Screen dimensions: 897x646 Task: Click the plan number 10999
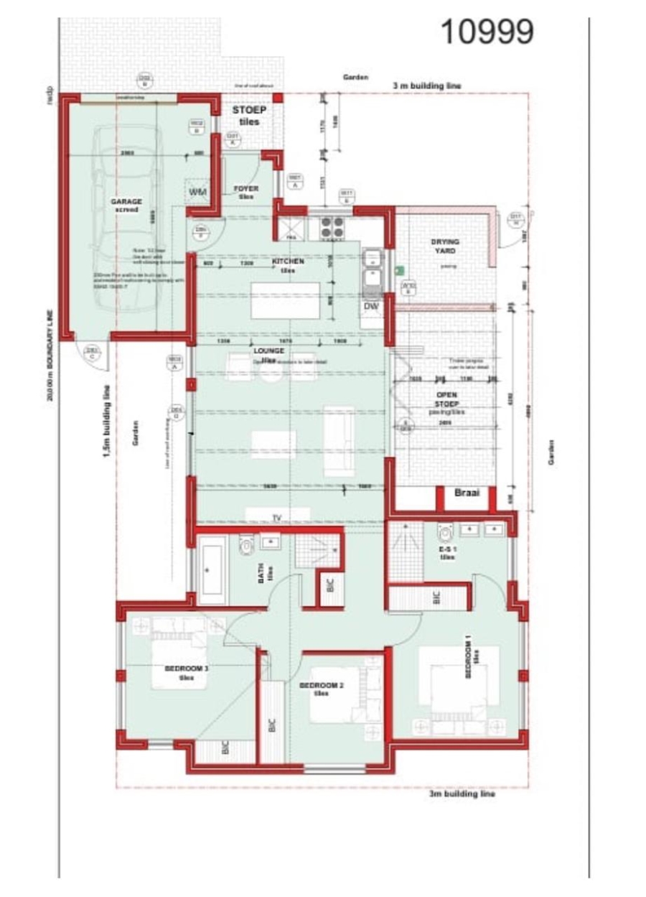[x=487, y=32]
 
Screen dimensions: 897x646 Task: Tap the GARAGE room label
[x=126, y=205]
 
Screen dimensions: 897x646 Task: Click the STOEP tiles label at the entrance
[x=249, y=115]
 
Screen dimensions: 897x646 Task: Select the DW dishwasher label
[x=371, y=307]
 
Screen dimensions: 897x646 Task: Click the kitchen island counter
[x=285, y=301]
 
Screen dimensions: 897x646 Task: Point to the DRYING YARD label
[x=445, y=246]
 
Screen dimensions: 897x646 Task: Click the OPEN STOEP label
[x=446, y=399]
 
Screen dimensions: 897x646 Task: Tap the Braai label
[x=467, y=493]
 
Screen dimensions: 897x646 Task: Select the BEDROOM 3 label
[x=187, y=672]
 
